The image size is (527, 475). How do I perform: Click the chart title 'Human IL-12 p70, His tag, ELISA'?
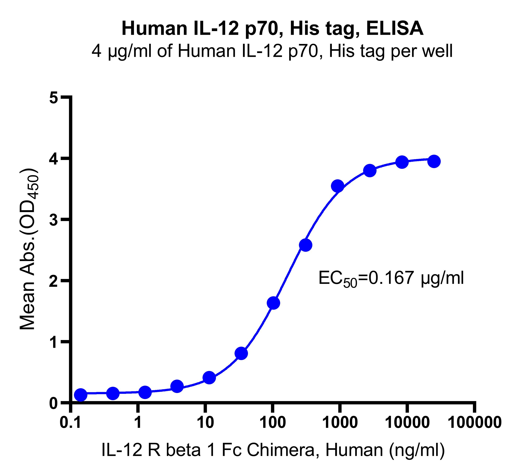[272, 29]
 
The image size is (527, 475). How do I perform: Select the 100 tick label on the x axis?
[273, 423]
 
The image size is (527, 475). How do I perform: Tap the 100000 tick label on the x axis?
[475, 423]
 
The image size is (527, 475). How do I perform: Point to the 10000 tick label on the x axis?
[407, 423]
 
